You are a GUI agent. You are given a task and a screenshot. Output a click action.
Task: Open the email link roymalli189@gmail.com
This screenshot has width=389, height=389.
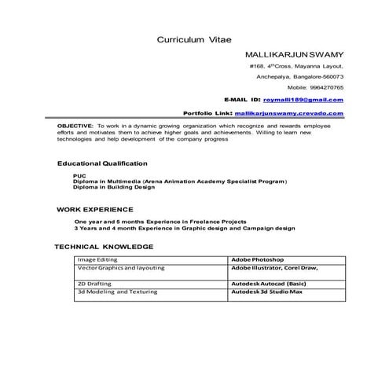tap(303, 101)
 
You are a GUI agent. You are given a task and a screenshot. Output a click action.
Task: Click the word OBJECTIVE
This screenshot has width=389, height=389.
tap(75, 126)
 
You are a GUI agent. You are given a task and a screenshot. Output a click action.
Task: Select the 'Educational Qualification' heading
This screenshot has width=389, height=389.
tap(102, 163)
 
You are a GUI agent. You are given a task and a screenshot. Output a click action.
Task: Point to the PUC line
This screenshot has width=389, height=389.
tap(78, 175)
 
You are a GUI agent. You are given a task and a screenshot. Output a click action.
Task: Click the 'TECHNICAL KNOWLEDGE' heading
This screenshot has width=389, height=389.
tap(104, 247)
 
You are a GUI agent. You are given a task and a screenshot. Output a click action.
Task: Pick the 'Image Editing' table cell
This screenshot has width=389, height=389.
tap(97, 259)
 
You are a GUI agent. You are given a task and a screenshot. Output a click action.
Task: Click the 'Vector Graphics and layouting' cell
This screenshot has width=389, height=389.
tap(121, 268)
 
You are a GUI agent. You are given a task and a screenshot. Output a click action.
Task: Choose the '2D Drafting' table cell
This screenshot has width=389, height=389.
tap(94, 283)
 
